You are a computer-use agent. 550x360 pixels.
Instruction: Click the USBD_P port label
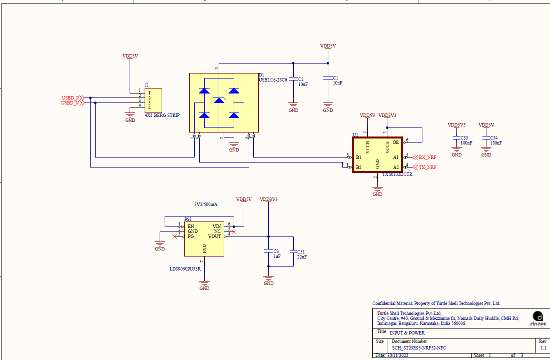(70, 97)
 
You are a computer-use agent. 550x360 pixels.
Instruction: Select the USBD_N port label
(70, 103)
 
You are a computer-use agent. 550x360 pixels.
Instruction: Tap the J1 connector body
(153, 100)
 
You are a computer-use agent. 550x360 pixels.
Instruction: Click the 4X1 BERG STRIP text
(162, 115)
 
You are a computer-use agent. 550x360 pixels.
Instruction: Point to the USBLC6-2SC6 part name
(273, 79)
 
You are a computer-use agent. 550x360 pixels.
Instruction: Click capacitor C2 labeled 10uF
(293, 81)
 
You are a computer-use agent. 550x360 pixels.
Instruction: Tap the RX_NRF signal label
(427, 157)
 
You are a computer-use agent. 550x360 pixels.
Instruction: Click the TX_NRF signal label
(427, 167)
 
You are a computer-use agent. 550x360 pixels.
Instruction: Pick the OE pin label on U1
(396, 142)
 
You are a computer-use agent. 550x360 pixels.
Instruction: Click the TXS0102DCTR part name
(398, 175)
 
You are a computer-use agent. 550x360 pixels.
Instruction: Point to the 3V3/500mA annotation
(206, 204)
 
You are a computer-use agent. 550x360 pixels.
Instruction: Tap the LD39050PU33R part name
(185, 269)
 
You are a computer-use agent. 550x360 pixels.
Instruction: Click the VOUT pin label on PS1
(215, 236)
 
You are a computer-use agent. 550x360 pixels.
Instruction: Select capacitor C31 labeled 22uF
(293, 252)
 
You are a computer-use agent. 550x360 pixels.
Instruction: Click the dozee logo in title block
(538, 318)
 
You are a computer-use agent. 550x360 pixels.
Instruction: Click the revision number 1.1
(543, 347)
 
